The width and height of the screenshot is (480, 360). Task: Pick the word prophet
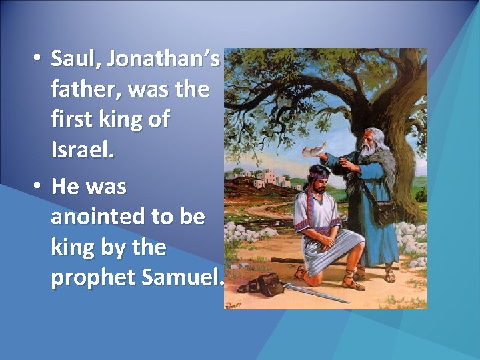93,278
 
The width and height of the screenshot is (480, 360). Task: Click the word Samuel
180,278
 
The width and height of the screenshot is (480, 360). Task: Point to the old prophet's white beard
369,151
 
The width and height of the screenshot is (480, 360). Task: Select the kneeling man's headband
319,171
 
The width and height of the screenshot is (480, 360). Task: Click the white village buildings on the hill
270,177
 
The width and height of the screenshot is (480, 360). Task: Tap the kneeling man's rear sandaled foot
301,272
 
